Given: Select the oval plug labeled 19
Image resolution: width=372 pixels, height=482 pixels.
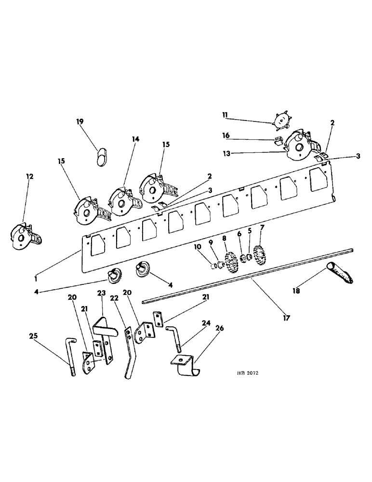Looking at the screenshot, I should coord(101,156).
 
